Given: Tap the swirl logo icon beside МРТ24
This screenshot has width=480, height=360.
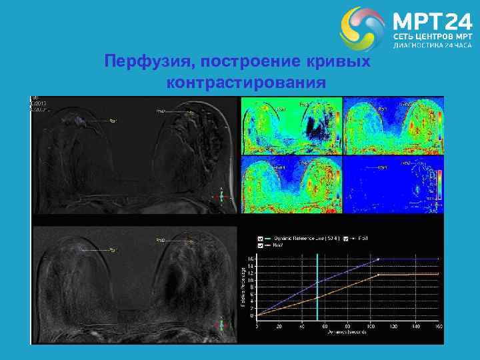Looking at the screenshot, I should pos(362,29).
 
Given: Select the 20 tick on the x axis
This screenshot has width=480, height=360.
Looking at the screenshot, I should pos(281,327).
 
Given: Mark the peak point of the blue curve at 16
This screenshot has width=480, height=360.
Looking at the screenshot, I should pos(378,259).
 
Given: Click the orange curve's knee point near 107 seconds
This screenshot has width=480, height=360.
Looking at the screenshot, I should pos(378,274).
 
